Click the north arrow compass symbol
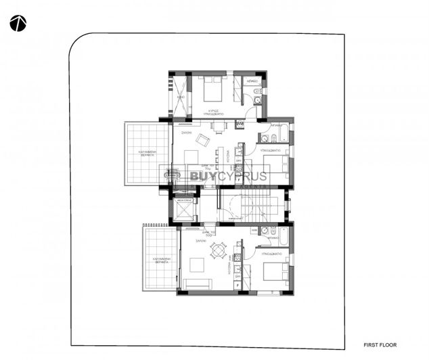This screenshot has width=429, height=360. point(18,24)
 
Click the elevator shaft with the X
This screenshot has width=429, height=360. point(183,210)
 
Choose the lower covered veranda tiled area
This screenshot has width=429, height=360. point(160,257)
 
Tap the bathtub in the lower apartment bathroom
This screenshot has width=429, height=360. point(285,238)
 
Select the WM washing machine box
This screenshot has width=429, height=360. point(240,125)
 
